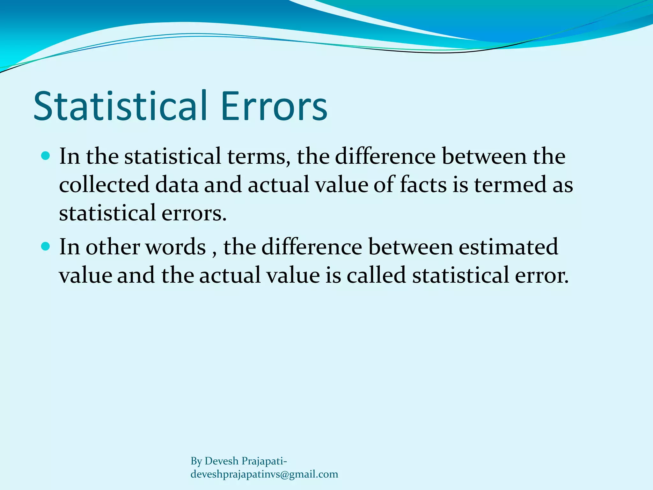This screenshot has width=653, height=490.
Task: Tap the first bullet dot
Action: pyautogui.click(x=46, y=156)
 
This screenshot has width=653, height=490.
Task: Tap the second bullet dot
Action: pyautogui.click(x=46, y=247)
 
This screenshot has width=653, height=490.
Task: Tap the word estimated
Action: pyautogui.click(x=508, y=247)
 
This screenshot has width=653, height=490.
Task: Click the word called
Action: pyautogui.click(x=376, y=275)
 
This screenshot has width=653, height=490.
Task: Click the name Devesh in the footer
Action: pyautogui.click(x=221, y=461)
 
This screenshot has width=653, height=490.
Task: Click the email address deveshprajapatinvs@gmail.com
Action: pyautogui.click(x=264, y=474)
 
